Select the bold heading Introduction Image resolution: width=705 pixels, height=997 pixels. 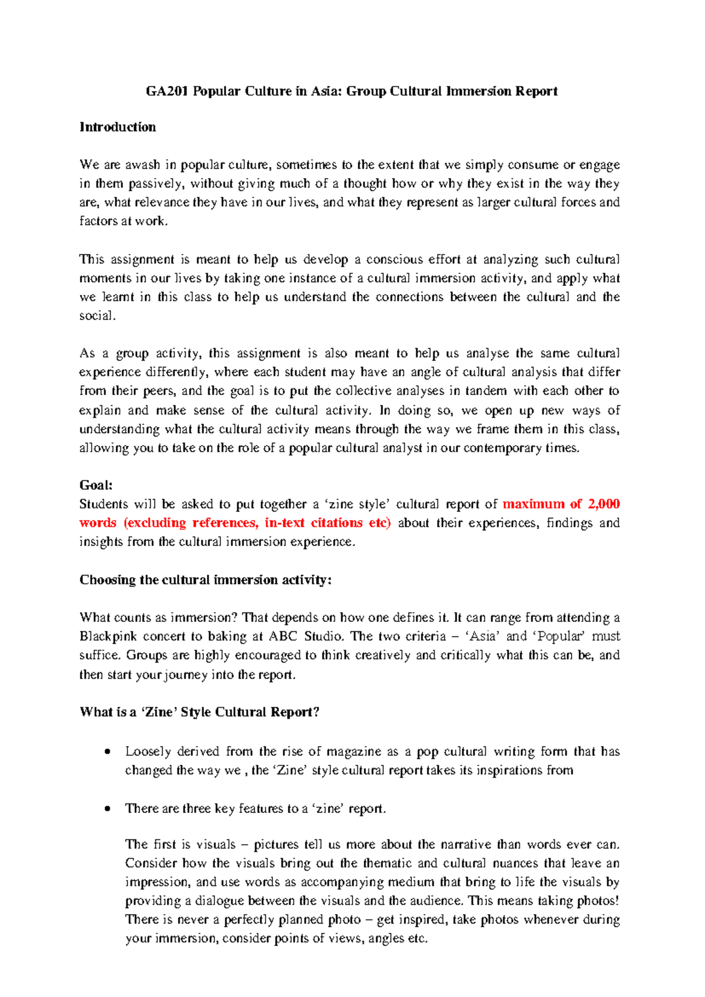pyautogui.click(x=117, y=128)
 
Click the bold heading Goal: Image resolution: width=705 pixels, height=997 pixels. pyautogui.click(x=96, y=486)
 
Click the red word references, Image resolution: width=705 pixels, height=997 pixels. pyautogui.click(x=224, y=523)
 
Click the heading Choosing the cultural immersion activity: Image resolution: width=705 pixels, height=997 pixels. pyautogui.click(x=206, y=580)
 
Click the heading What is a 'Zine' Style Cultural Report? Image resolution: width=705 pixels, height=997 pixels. pyautogui.click(x=199, y=712)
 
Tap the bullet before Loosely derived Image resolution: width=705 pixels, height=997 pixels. pyautogui.click(x=107, y=752)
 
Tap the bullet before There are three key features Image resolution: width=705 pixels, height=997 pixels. pyautogui.click(x=107, y=809)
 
